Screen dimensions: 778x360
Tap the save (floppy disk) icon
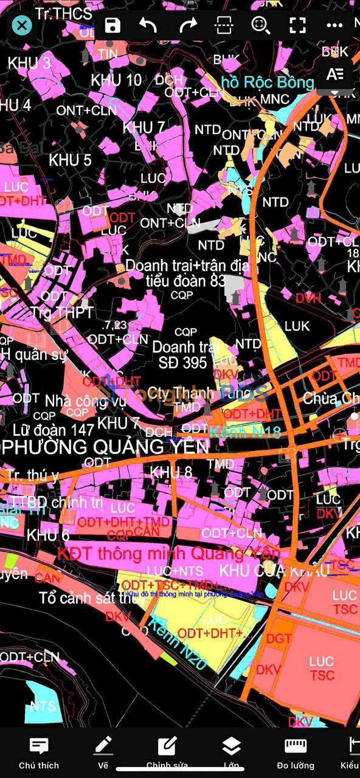pos(112,25)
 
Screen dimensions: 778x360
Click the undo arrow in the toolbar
pos(148,25)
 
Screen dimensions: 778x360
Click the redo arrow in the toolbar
pos(188,25)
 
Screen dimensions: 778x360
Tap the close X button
pos(22,25)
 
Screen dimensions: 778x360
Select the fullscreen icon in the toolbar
pos(297,25)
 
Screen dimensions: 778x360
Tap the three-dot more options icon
pos(334,25)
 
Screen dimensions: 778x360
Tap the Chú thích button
pos(39,752)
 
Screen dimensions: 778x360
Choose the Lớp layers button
pos(231,752)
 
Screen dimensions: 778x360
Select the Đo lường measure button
pos(296,752)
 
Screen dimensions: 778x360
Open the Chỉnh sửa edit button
pos(167,752)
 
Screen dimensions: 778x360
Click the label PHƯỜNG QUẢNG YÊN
pos(106,447)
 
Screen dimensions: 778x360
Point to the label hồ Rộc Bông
pos(268,83)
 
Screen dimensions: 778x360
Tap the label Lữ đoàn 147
pos(48,430)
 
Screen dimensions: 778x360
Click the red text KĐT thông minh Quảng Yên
pos(168,554)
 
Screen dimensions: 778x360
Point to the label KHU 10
pos(116,80)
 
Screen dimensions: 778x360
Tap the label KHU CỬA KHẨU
pos(275,570)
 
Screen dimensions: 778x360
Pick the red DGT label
pos(279,639)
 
